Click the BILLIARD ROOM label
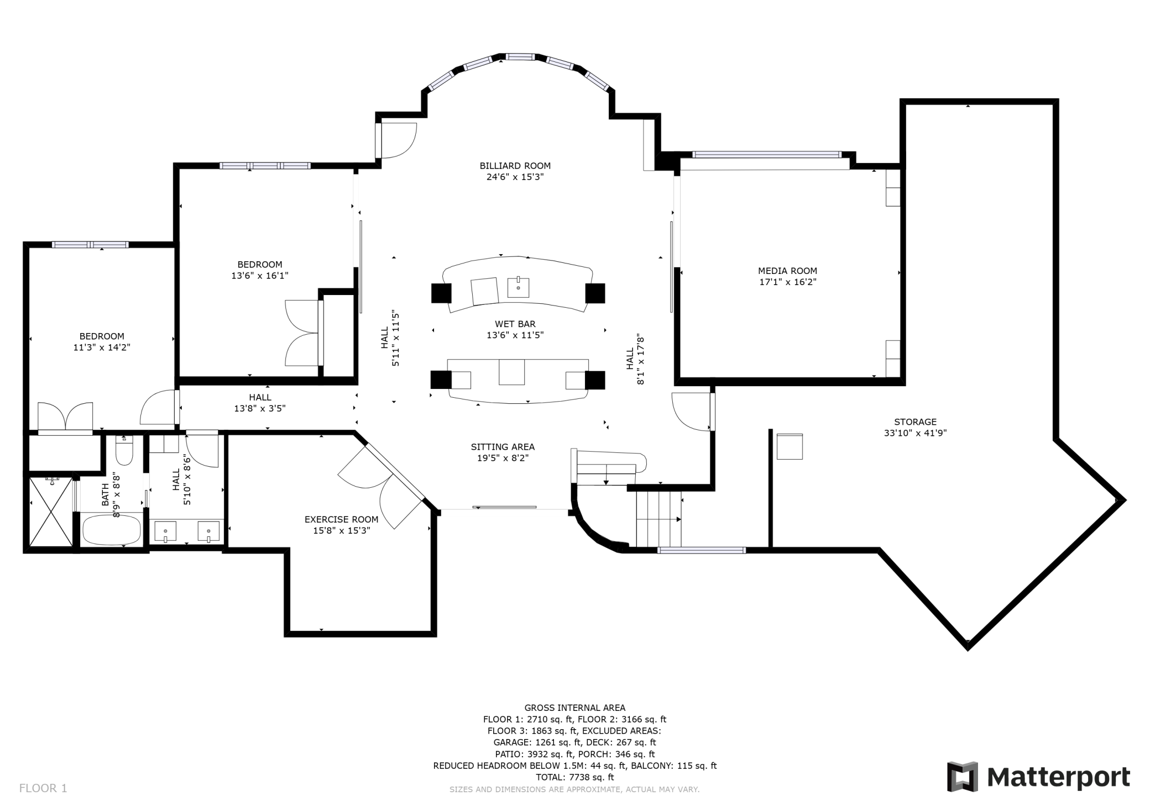tap(515, 166)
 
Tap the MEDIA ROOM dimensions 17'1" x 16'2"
tap(787, 282)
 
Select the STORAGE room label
tap(915, 422)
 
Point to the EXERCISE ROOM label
tap(341, 520)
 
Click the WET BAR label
tap(515, 324)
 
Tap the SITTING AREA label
tap(503, 447)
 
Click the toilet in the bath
tap(124, 451)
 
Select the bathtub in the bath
tap(112, 530)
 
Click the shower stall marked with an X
tap(51, 512)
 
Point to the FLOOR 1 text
tap(43, 788)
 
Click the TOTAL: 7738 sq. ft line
tap(574, 777)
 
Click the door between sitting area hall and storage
tap(691, 412)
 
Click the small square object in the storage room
tap(789, 446)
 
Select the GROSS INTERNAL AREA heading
tap(574, 708)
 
